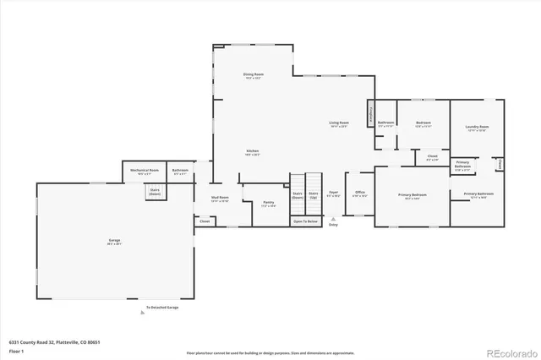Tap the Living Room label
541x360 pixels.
[x=339, y=124]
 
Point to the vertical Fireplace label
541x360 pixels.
[x=370, y=112]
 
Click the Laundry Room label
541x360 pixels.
[x=477, y=128]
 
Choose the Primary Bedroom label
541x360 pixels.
[x=413, y=195]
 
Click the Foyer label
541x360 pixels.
[x=334, y=193]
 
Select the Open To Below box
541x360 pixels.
[x=306, y=221]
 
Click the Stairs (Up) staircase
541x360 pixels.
[x=314, y=194]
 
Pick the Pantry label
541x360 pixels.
[x=268, y=203]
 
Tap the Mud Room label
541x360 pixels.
[x=220, y=199]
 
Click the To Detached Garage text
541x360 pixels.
[x=161, y=307]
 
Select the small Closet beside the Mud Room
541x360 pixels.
[x=205, y=221]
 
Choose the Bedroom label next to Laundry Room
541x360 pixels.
[x=424, y=123]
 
